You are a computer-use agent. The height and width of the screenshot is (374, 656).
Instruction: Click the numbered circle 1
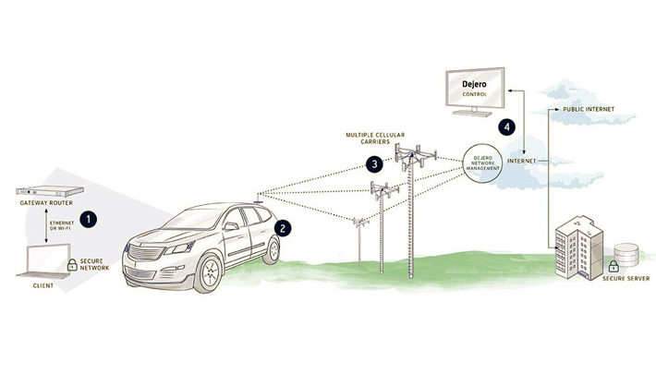point(88,219)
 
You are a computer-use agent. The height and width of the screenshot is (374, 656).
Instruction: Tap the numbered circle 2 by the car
point(285,225)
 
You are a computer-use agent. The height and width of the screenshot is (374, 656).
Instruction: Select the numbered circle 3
point(373,165)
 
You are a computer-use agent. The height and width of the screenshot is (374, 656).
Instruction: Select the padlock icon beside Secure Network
point(71,268)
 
